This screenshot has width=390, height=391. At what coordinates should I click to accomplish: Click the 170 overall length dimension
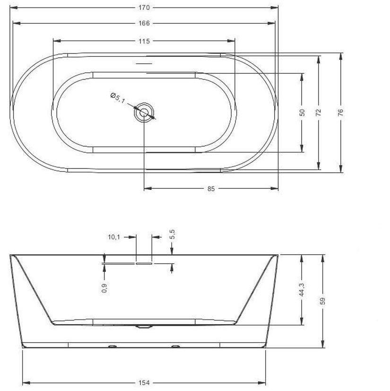(x=144, y=8)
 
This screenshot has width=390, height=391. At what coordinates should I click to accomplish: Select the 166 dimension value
(x=144, y=23)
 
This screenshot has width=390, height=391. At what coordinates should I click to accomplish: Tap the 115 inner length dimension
(x=144, y=41)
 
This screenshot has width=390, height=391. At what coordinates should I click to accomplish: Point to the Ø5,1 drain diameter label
(x=118, y=98)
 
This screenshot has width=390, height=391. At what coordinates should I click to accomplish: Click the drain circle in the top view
(x=144, y=113)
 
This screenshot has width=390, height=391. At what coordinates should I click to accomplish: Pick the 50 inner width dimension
(x=302, y=113)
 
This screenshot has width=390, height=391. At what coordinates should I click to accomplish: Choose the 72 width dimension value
(x=319, y=113)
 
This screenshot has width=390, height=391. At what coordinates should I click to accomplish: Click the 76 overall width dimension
(x=341, y=112)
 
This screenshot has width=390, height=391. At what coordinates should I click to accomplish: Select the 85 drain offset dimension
(x=211, y=189)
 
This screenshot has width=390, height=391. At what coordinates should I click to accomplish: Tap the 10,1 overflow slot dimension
(x=114, y=237)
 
